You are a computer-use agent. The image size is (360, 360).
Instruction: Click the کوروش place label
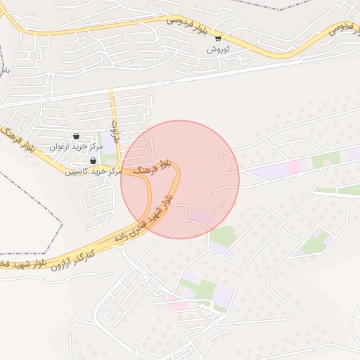pos(218,50)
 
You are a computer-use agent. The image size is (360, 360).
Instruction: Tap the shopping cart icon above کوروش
pos(218,39)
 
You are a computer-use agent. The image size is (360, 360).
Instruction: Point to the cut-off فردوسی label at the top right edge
pos(341,27)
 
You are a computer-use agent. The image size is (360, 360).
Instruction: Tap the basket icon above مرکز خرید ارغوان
pos(76,136)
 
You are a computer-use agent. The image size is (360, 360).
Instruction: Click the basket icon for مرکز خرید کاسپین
pos(94,161)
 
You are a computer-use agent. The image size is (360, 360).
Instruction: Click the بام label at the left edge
pos(4,70)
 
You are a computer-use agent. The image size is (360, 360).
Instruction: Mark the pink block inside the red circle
pos(201,217)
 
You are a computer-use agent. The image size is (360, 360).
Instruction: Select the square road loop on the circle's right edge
pos(231,163)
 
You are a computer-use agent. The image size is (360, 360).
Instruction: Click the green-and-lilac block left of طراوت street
pos(108,141)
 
